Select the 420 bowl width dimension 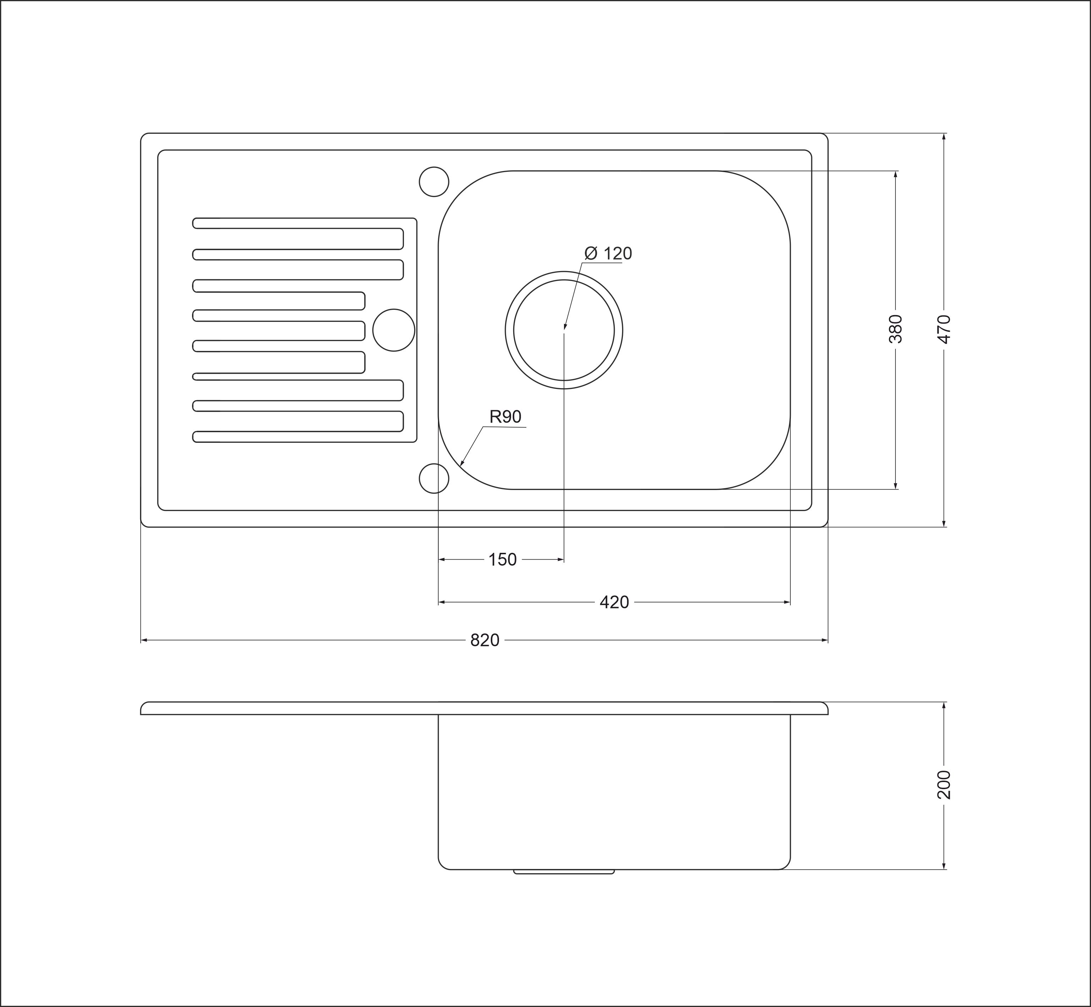pyautogui.click(x=614, y=602)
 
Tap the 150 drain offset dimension pyautogui.click(x=503, y=560)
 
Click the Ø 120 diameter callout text pyautogui.click(x=608, y=253)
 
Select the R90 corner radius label pyautogui.click(x=505, y=417)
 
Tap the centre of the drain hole pyautogui.click(x=564, y=330)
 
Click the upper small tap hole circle pyautogui.click(x=434, y=181)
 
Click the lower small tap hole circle pyautogui.click(x=434, y=478)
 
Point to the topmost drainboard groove pyautogui.click(x=298, y=234)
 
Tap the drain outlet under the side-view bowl pyautogui.click(x=564, y=872)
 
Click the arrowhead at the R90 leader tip pyautogui.click(x=462, y=464)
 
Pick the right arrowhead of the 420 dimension pyautogui.click(x=787, y=602)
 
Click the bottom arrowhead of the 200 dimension pyautogui.click(x=944, y=866)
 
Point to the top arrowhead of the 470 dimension pyautogui.click(x=944, y=137)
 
